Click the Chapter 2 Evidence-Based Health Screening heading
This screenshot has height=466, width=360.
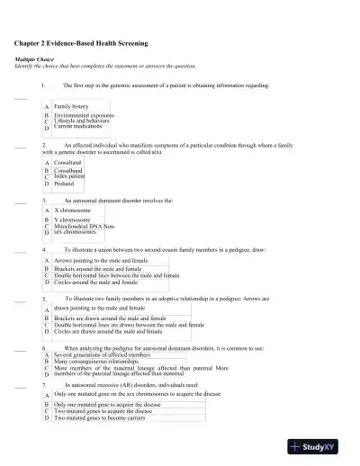(x=83, y=43)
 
